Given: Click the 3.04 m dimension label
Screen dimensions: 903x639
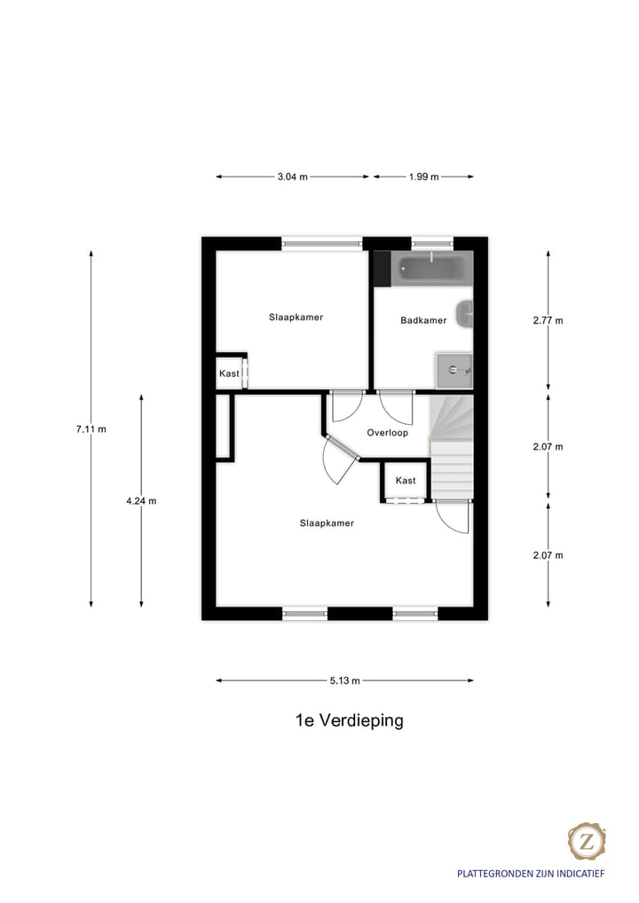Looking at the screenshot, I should click(x=292, y=177).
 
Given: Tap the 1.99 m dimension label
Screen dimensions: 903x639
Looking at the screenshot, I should click(x=423, y=177).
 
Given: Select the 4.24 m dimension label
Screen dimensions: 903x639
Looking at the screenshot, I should click(x=141, y=500).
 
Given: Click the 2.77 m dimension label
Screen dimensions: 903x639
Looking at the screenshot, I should click(x=548, y=321).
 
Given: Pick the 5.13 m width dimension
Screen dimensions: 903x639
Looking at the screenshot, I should click(x=344, y=681).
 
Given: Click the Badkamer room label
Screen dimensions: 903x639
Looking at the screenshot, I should click(x=423, y=321).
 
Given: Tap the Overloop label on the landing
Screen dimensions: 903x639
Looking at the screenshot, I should click(x=387, y=433).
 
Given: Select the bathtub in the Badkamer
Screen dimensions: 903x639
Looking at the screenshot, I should click(x=430, y=268).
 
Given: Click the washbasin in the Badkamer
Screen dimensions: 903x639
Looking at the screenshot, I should click(x=465, y=314).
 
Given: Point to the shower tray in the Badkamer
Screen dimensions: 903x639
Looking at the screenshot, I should click(x=454, y=369).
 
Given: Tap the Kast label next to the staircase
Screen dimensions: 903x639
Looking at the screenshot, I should click(x=406, y=481).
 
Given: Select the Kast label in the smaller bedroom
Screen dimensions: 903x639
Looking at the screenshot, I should click(x=229, y=373).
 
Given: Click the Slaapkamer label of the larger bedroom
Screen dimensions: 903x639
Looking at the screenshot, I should click(x=327, y=523).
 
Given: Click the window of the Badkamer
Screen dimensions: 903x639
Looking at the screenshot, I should click(x=431, y=242).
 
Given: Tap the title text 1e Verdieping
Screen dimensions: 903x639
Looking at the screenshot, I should click(x=349, y=720).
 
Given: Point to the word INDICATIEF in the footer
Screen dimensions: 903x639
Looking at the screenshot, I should click(x=580, y=874).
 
